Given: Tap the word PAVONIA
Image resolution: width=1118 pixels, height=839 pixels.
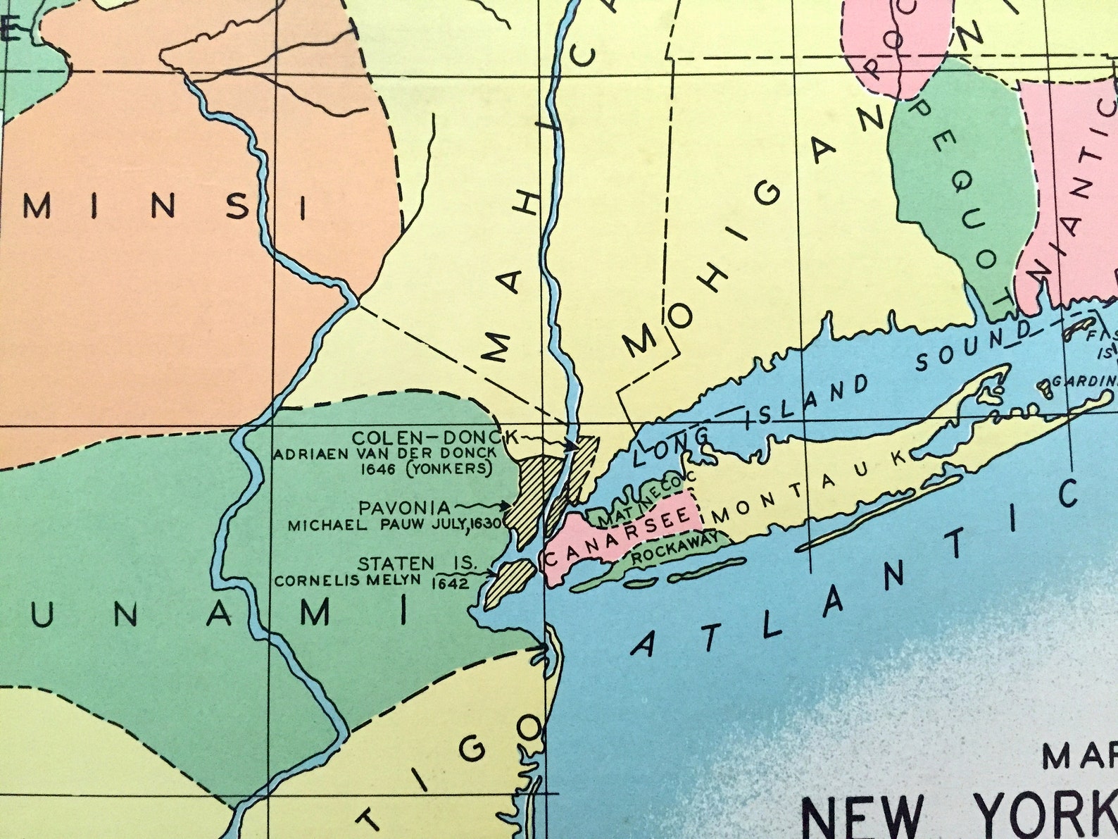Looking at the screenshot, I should (404, 508).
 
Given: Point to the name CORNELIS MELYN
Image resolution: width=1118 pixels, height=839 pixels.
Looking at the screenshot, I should (347, 581).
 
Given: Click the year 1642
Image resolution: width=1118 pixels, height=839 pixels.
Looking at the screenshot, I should (451, 584).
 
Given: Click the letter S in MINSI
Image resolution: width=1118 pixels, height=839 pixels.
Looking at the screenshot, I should (240, 205).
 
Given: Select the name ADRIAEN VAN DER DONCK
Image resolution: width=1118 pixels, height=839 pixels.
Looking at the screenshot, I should (384, 454).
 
